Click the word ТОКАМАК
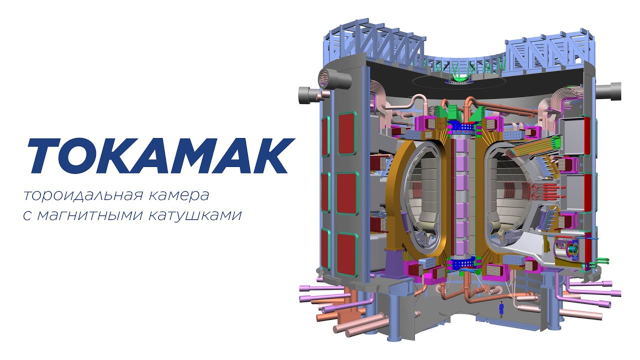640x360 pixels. click(x=160, y=155)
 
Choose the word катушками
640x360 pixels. click(x=195, y=215)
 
